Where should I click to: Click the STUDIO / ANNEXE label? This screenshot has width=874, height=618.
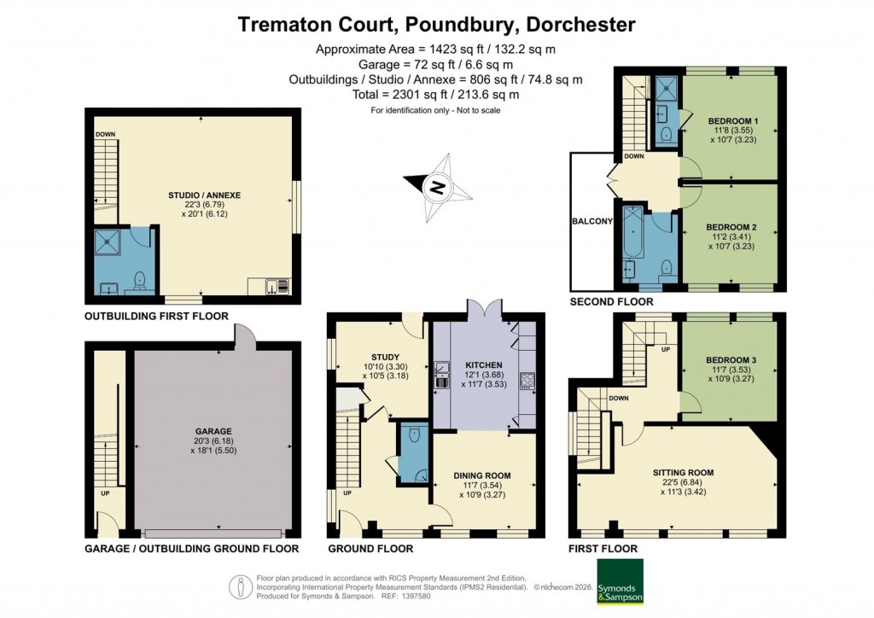point(205,195)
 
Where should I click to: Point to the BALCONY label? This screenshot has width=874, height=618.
point(591,221)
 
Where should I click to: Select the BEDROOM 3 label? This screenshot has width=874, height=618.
point(726,360)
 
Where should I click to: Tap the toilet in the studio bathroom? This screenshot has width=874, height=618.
point(138,280)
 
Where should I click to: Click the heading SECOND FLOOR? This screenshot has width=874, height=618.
point(612,301)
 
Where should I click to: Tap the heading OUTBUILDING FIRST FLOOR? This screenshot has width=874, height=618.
point(155,316)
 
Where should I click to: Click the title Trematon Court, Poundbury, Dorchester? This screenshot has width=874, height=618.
point(436,24)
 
